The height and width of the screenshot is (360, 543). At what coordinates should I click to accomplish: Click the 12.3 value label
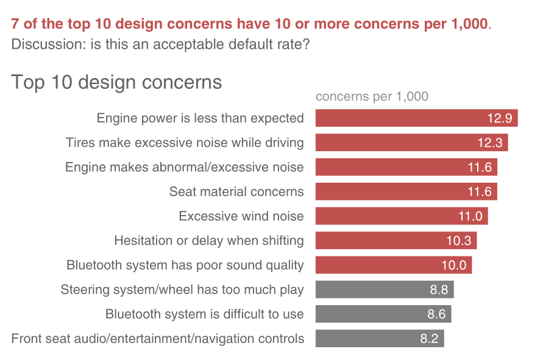click(x=490, y=143)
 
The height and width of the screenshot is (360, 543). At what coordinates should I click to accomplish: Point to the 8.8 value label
click(x=439, y=290)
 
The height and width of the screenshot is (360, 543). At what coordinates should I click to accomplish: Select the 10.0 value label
click(x=454, y=266)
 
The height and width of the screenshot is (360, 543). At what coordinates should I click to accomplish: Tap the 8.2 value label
click(x=429, y=339)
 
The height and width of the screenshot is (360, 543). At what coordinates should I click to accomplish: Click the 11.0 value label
click(x=470, y=216)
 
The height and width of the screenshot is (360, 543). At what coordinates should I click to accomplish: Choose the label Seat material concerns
click(x=236, y=192)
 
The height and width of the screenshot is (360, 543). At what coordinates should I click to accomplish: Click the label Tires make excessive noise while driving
click(x=185, y=143)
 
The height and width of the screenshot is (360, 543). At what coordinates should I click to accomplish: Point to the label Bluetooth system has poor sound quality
click(x=185, y=266)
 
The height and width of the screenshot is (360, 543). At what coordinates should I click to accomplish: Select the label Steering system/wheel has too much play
click(x=182, y=290)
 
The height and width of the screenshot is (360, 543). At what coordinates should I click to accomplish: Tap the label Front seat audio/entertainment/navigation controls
click(x=158, y=339)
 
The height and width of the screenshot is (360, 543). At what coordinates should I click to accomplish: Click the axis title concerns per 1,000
click(x=372, y=96)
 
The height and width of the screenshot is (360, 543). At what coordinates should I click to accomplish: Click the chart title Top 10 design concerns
click(x=116, y=82)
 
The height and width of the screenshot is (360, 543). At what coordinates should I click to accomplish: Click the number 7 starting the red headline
click(x=15, y=24)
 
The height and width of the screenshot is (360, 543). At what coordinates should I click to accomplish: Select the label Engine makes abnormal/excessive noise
click(x=185, y=168)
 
